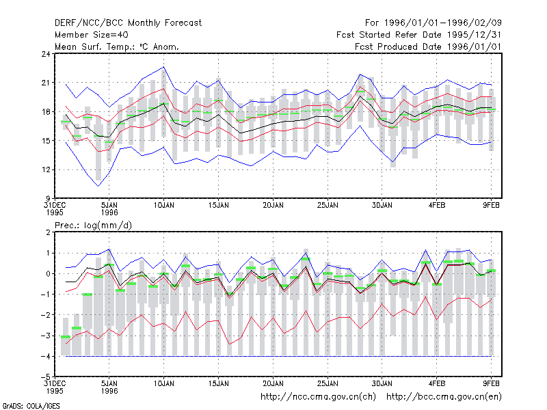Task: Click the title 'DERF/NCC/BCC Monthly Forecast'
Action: [x=128, y=23]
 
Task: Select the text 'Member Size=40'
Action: [x=92, y=35]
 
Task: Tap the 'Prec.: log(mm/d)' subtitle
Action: [x=93, y=225]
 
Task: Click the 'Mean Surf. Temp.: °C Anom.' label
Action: [x=117, y=46]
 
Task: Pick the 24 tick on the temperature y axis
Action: [x=46, y=54]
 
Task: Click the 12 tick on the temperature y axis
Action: [x=46, y=169]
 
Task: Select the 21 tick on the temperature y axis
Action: [x=46, y=83]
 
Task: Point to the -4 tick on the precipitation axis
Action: [x=46, y=356]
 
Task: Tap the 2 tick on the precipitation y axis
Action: [x=48, y=232]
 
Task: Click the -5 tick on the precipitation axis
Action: [x=46, y=377]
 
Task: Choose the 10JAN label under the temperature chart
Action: [x=164, y=206]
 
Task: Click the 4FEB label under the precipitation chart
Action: [x=437, y=383]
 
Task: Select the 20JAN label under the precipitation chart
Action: [x=273, y=383]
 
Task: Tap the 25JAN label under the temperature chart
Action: [x=328, y=206]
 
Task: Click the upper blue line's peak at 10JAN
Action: [x=164, y=67]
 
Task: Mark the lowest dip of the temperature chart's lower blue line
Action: [x=98, y=186]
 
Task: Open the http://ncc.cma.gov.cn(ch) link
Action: [x=318, y=397]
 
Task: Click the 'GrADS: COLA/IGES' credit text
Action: [x=31, y=406]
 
